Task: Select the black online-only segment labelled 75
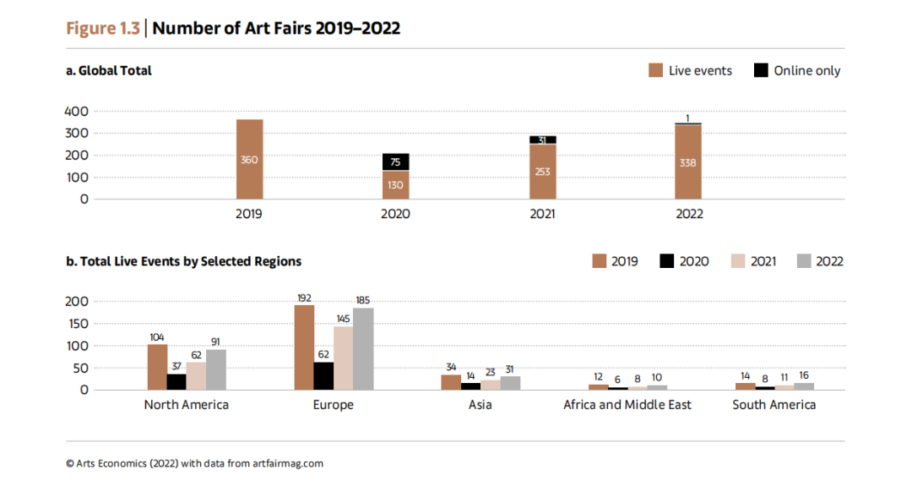395,161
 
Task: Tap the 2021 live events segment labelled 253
542,172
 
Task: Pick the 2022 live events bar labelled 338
688,161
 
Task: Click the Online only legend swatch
761,71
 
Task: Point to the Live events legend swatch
655,71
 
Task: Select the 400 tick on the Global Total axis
77,112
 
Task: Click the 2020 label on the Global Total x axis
395,214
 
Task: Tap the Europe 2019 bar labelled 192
304,347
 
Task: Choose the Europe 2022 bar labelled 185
362,348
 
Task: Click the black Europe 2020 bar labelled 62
323,376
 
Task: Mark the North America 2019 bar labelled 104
157,367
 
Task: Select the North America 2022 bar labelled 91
216,369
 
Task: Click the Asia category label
480,405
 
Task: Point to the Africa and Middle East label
627,405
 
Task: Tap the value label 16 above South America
803,375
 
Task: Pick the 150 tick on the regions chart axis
77,324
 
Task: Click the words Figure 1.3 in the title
104,28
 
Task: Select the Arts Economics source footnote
194,463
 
